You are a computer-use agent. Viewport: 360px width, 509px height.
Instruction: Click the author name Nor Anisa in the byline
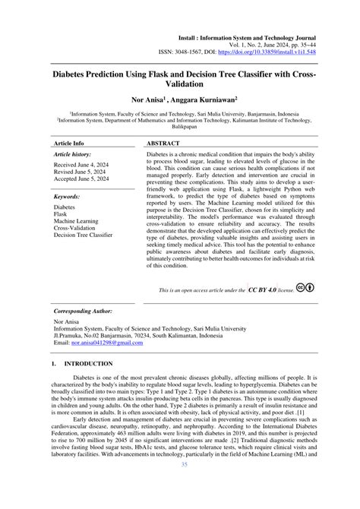tap(152, 99)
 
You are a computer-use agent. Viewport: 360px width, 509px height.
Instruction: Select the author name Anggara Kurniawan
tap(207, 99)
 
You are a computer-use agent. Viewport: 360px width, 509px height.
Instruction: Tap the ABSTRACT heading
tap(163, 143)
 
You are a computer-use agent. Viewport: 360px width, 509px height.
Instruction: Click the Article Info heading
tap(69, 143)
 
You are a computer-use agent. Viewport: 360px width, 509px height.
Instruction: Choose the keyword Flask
tap(61, 213)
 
